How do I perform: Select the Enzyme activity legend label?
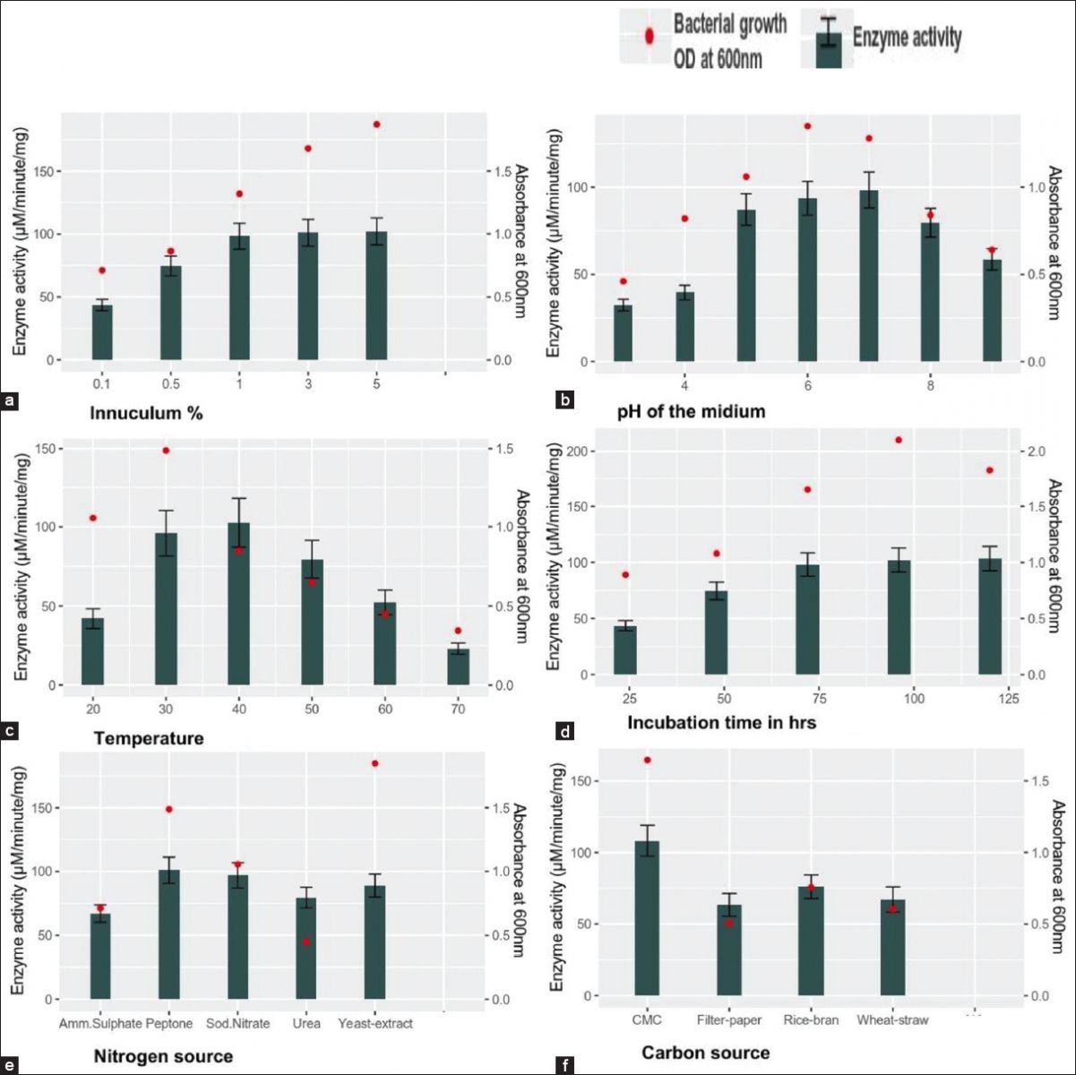coord(907,38)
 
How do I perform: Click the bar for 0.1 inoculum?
coord(102,332)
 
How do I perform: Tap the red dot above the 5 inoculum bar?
coord(377,125)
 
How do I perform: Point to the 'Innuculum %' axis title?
coord(146,413)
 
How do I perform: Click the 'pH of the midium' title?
coord(691,412)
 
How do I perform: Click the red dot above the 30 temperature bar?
coord(166,451)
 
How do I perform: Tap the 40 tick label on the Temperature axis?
coord(238,709)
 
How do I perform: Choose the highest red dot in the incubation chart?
coord(898,440)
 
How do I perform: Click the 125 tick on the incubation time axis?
coord(1008,699)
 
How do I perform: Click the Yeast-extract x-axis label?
coord(375,1023)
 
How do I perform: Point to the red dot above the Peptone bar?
coord(168,810)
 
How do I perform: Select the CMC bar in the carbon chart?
coord(647,918)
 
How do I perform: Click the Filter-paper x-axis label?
coord(729,1020)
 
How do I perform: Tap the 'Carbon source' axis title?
coord(705,1053)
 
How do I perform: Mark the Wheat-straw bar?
coord(892,948)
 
